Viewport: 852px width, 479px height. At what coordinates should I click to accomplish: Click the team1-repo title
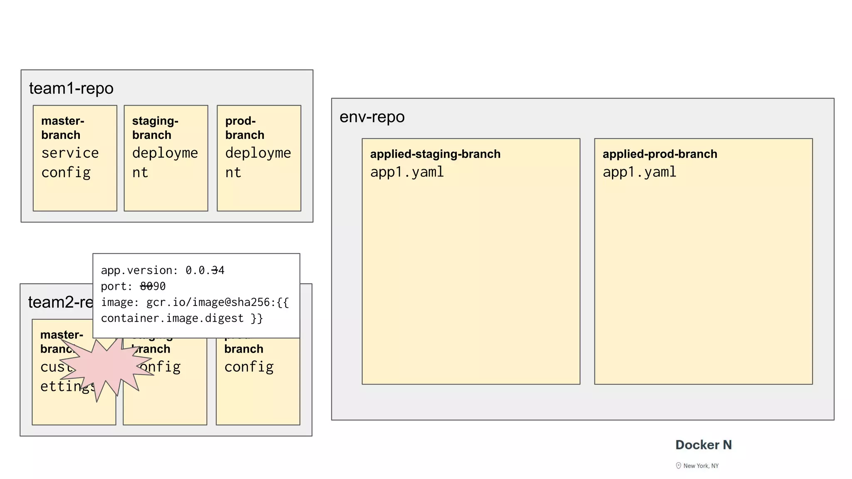(71, 88)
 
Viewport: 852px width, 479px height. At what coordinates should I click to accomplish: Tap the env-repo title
(372, 117)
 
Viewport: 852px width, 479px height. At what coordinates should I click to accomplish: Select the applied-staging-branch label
(435, 154)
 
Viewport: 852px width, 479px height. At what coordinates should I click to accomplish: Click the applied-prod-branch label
(660, 154)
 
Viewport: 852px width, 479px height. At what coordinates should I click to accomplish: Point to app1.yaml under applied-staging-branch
(407, 172)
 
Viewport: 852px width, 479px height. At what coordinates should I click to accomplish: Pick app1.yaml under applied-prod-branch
(639, 172)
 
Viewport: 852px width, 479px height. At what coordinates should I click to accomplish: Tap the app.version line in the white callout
(162, 270)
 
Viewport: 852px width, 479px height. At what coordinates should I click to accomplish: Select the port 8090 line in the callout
(133, 286)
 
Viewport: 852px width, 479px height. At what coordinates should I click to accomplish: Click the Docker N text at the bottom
(703, 445)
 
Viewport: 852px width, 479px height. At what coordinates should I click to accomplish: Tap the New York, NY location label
(701, 466)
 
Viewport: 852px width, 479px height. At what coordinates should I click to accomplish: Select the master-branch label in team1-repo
(62, 128)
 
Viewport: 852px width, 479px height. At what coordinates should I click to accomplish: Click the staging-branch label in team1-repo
(155, 128)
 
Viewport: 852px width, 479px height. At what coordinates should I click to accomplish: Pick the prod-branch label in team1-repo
(244, 128)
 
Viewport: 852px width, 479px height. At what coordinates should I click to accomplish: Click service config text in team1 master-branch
(69, 163)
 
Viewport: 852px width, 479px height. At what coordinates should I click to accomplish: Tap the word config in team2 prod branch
(249, 367)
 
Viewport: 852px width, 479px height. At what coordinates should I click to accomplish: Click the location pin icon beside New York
(679, 466)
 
